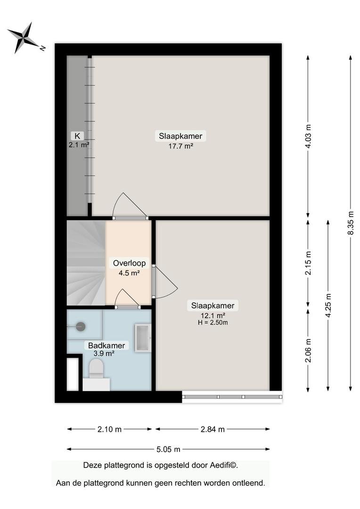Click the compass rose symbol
(x=24, y=37)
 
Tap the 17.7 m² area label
(x=181, y=146)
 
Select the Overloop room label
(x=129, y=263)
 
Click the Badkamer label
(x=106, y=345)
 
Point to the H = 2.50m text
(x=213, y=323)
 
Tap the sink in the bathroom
(x=143, y=338)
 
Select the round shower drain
(x=81, y=327)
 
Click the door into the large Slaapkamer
(x=130, y=206)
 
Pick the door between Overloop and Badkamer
(x=128, y=298)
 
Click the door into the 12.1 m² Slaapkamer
(x=165, y=282)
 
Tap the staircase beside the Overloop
(x=86, y=263)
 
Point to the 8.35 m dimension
(x=351, y=223)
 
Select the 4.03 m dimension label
(x=308, y=136)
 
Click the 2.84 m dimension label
(x=213, y=429)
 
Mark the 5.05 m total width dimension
(x=168, y=449)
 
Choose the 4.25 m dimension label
(x=328, y=306)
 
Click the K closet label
(x=77, y=136)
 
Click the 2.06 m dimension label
(x=308, y=351)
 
